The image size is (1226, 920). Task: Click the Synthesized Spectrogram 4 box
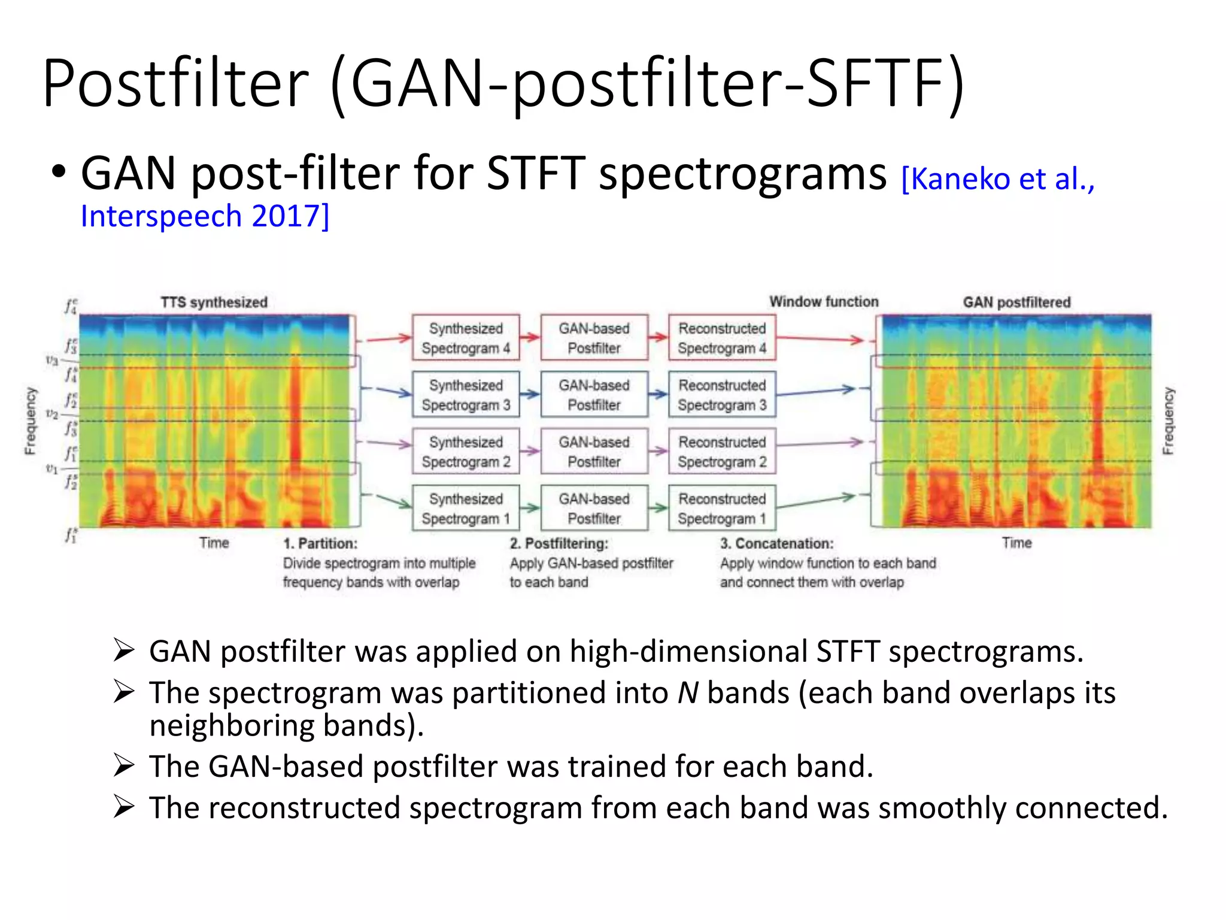point(466,338)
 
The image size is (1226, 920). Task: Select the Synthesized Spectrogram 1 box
point(466,509)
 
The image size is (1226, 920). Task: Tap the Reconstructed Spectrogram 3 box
point(722,395)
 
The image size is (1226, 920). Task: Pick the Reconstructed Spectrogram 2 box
point(722,452)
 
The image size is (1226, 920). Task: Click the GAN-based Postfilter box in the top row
point(594,338)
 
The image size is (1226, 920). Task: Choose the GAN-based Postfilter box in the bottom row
point(594,509)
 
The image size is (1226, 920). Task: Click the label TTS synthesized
point(214,302)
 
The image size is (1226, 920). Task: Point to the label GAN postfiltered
point(1016,302)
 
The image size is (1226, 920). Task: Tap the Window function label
point(824,301)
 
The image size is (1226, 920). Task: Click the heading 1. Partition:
point(320,543)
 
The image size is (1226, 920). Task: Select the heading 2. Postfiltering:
point(559,543)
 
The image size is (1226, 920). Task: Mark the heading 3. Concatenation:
point(776,543)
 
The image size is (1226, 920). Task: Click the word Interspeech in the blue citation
point(161,216)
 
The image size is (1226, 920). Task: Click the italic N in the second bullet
point(688,693)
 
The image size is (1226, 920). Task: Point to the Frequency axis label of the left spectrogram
point(30,420)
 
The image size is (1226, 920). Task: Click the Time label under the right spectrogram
point(1016,543)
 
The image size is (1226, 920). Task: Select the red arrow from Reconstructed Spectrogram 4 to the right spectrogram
point(820,339)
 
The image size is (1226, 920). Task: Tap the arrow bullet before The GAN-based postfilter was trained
point(124,766)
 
